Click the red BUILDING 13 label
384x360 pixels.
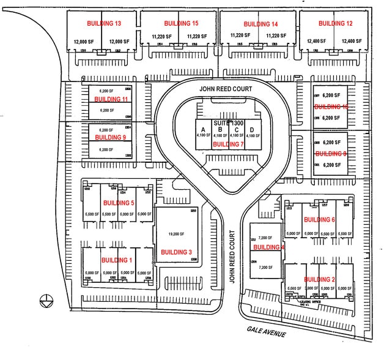(103, 24)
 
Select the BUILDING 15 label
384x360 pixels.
(181, 24)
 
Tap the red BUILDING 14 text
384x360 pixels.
(260, 24)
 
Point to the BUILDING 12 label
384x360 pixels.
(335, 24)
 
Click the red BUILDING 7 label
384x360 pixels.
(228, 144)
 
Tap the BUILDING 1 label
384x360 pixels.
(116, 260)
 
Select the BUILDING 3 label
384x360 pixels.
(177, 252)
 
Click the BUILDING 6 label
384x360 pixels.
(319, 220)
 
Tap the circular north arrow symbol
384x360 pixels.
(44, 299)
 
